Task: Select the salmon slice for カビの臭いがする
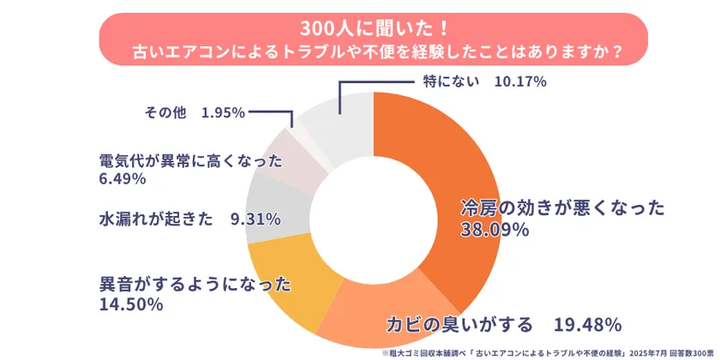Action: [x=386, y=304]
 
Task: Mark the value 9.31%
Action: [x=255, y=219]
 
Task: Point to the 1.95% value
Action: [x=224, y=112]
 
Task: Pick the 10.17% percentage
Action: [x=520, y=81]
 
